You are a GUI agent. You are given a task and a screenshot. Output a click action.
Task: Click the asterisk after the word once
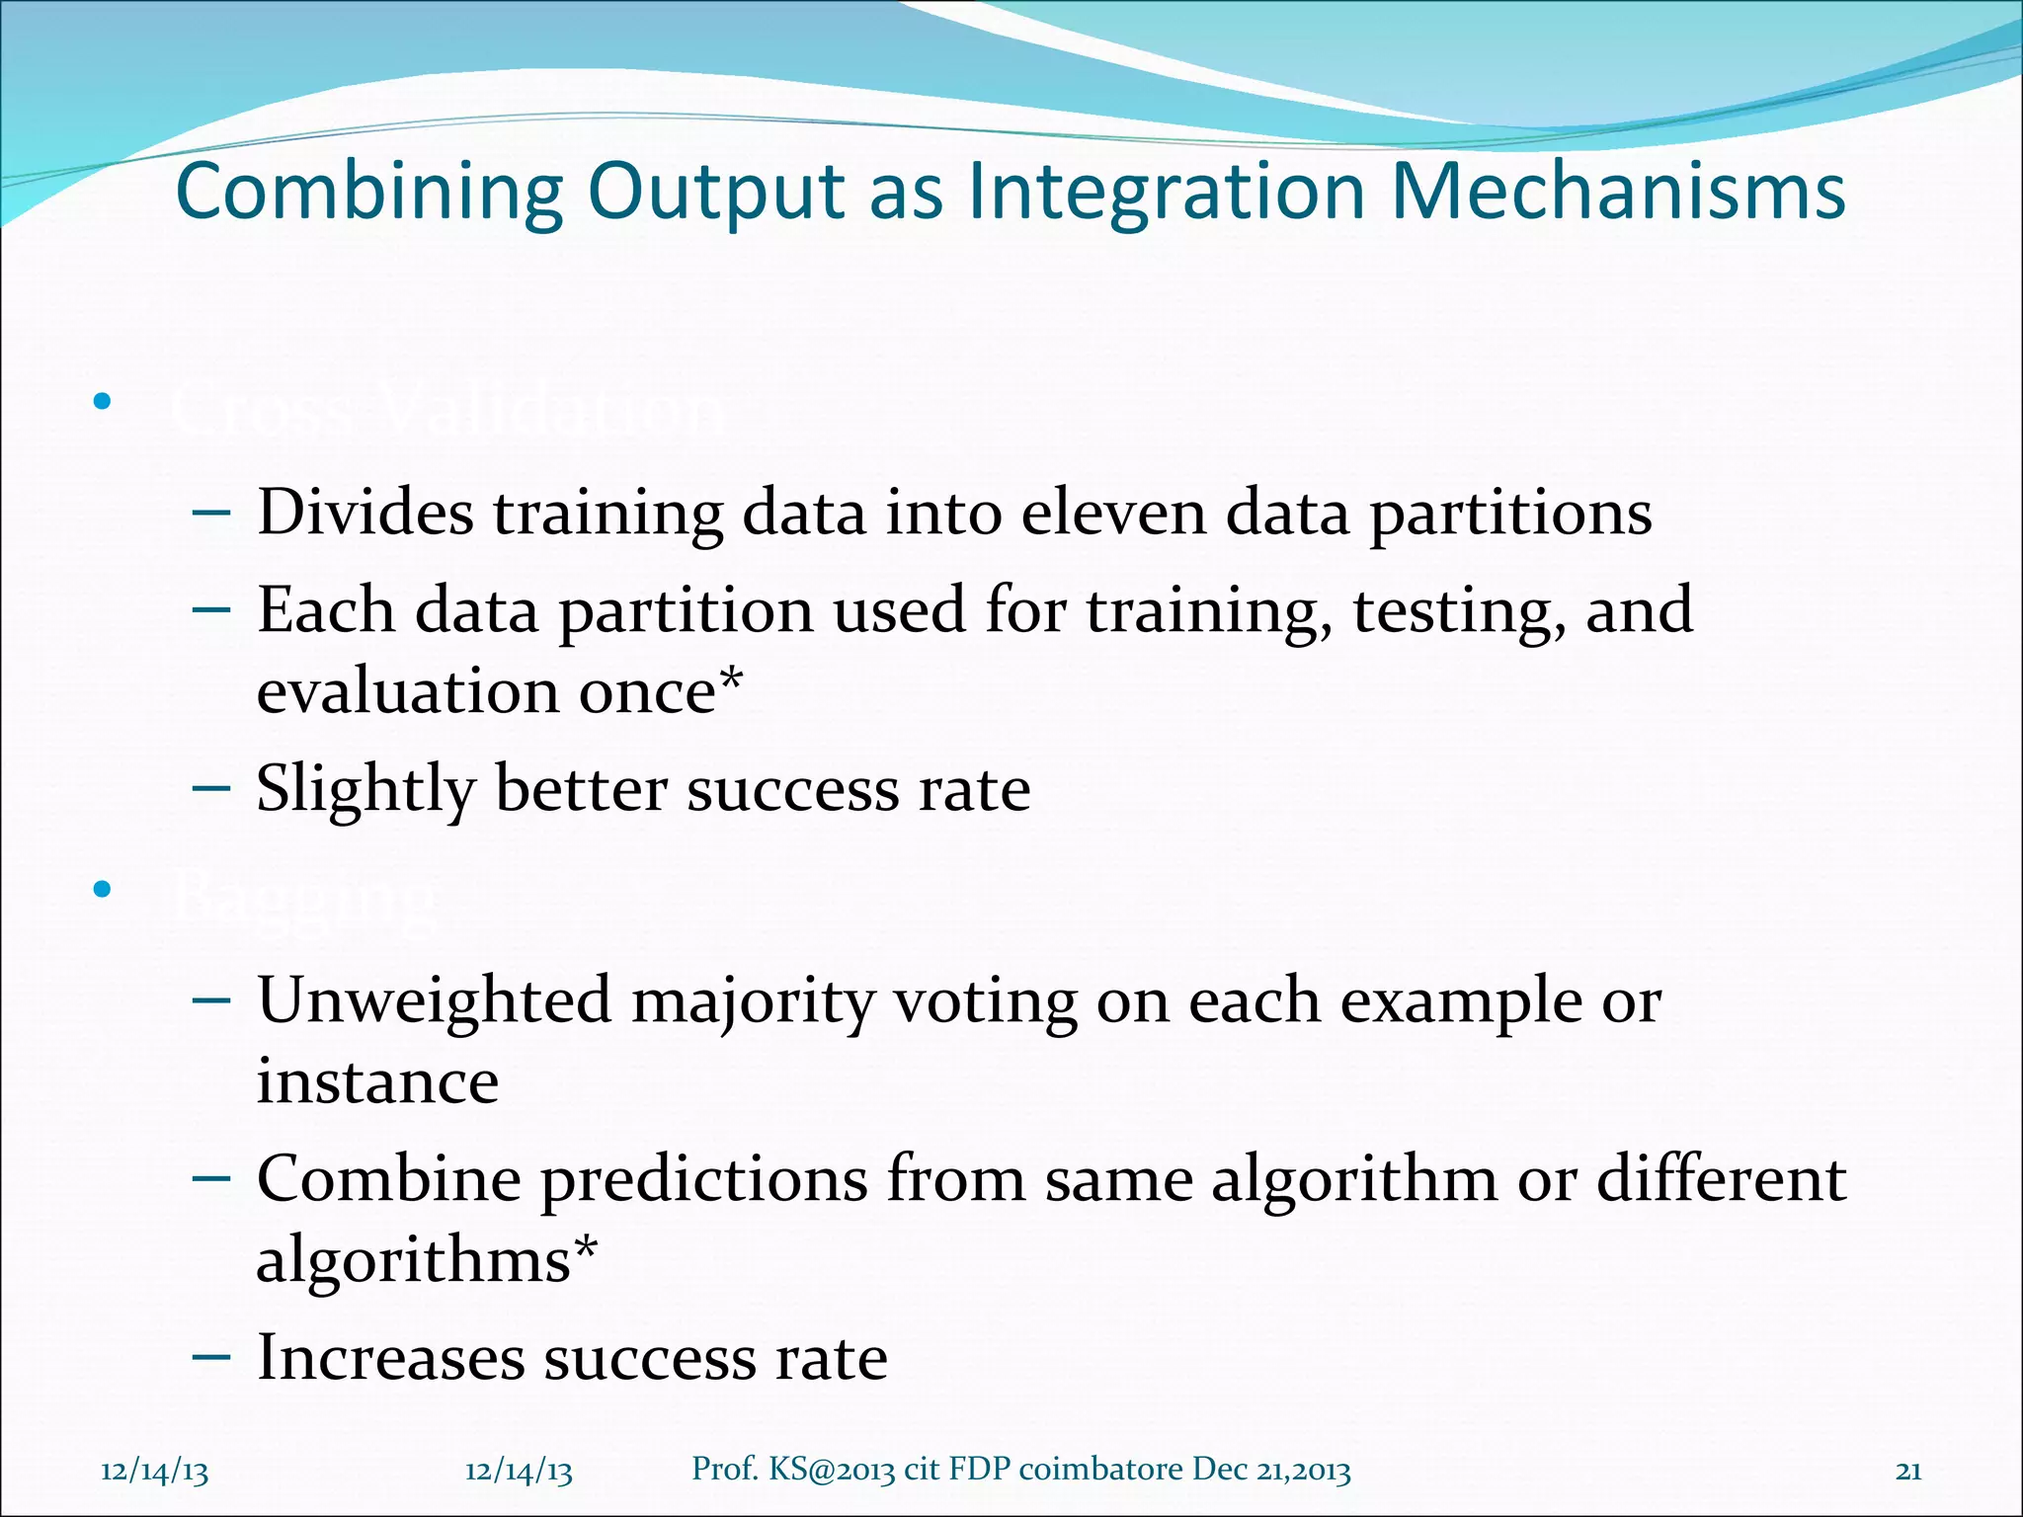731,681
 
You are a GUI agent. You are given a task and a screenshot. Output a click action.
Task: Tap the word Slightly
365,790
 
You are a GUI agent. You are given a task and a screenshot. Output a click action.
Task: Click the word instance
377,1081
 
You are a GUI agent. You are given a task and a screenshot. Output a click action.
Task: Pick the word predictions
703,1179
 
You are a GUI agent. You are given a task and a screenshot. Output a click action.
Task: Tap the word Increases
390,1358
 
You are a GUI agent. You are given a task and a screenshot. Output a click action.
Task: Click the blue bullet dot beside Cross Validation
102,402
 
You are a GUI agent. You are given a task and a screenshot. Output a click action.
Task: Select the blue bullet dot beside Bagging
102,890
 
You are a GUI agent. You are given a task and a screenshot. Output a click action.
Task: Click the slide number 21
1908,1472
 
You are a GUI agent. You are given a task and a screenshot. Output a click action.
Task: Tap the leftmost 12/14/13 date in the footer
155,1472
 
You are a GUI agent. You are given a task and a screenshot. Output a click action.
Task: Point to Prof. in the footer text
724,1470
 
